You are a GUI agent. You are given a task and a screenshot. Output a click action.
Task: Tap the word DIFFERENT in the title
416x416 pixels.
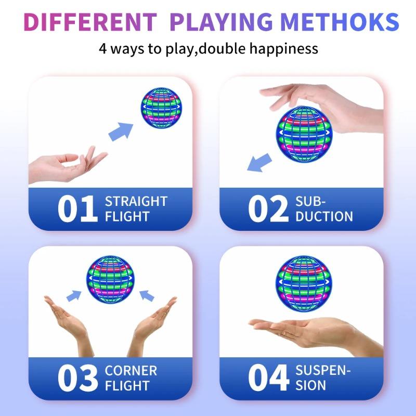89,21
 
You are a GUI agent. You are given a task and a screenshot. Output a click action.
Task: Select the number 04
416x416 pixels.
268,378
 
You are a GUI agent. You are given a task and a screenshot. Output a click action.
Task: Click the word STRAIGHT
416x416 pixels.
136,201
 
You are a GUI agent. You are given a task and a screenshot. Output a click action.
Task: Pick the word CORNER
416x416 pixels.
131,371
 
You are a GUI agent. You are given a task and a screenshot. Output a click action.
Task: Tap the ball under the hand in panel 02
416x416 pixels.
299,133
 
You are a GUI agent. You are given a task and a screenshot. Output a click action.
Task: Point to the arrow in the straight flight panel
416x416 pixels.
121,131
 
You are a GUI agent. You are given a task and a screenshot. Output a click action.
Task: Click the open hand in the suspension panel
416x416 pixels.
312,330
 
